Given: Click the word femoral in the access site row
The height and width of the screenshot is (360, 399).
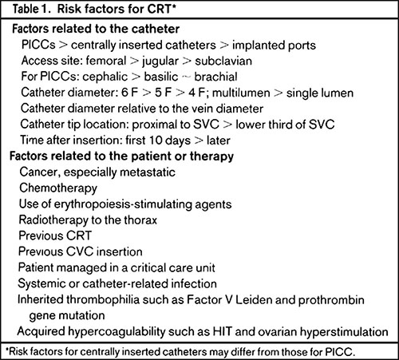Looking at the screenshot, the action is (106, 61).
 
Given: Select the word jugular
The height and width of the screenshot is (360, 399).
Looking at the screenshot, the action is (160, 61).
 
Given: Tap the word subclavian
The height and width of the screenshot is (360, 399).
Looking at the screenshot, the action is (223, 61).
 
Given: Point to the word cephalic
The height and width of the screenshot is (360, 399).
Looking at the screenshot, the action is (105, 77).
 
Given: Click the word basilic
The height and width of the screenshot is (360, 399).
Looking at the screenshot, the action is (161, 77).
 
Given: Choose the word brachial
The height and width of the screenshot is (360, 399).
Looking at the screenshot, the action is (215, 77).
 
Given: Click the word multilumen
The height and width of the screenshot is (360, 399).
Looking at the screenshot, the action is (241, 93).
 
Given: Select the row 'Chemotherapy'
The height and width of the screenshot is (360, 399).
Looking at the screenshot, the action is (58, 188).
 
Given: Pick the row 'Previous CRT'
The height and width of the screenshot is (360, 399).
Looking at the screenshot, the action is (55, 235).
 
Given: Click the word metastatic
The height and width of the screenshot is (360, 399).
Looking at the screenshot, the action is (148, 172).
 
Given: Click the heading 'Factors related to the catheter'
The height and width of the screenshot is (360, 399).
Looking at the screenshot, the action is (96, 29).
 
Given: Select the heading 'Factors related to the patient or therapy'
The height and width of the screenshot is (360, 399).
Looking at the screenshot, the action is (121, 156).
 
